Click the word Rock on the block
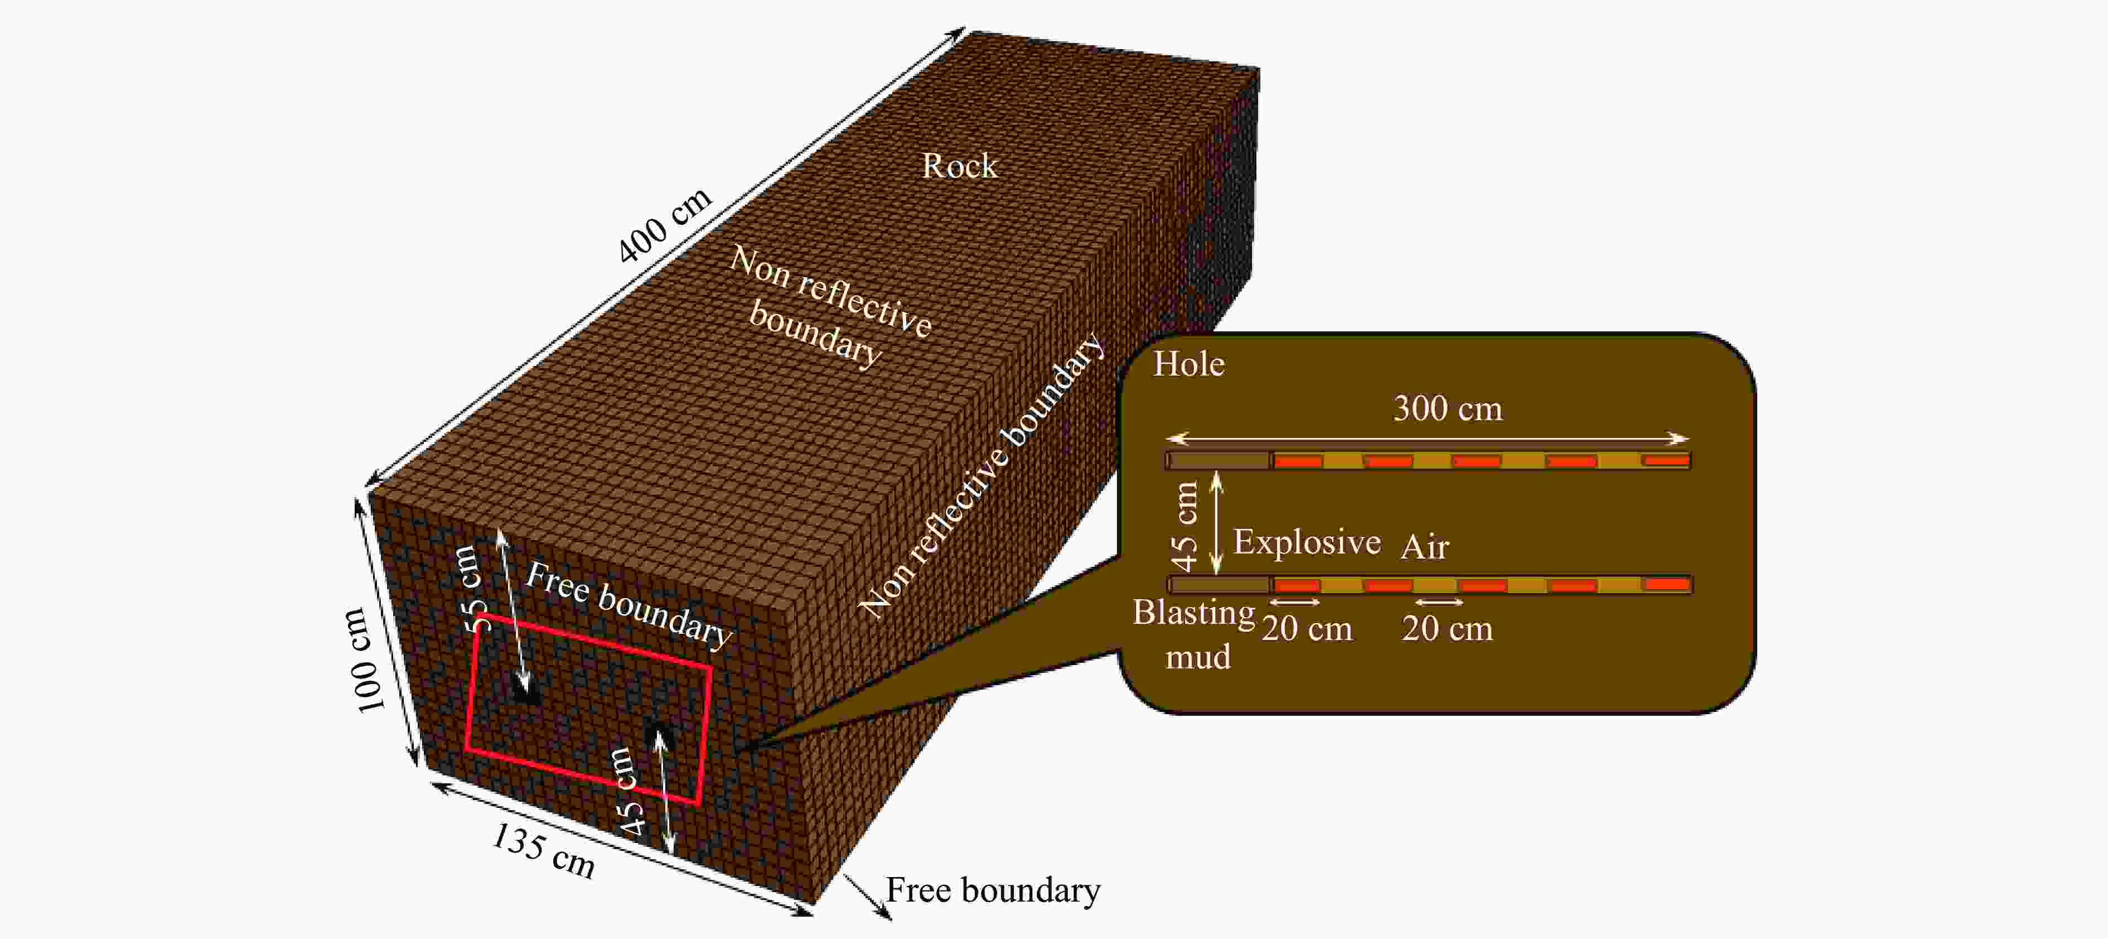[959, 166]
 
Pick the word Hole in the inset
[1188, 364]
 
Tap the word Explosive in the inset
[1306, 542]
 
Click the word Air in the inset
[1425, 547]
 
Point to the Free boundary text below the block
[993, 890]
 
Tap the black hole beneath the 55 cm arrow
[525, 692]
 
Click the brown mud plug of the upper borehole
[1219, 461]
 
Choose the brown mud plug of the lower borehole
[1219, 585]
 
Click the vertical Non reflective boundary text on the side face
[982, 475]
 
